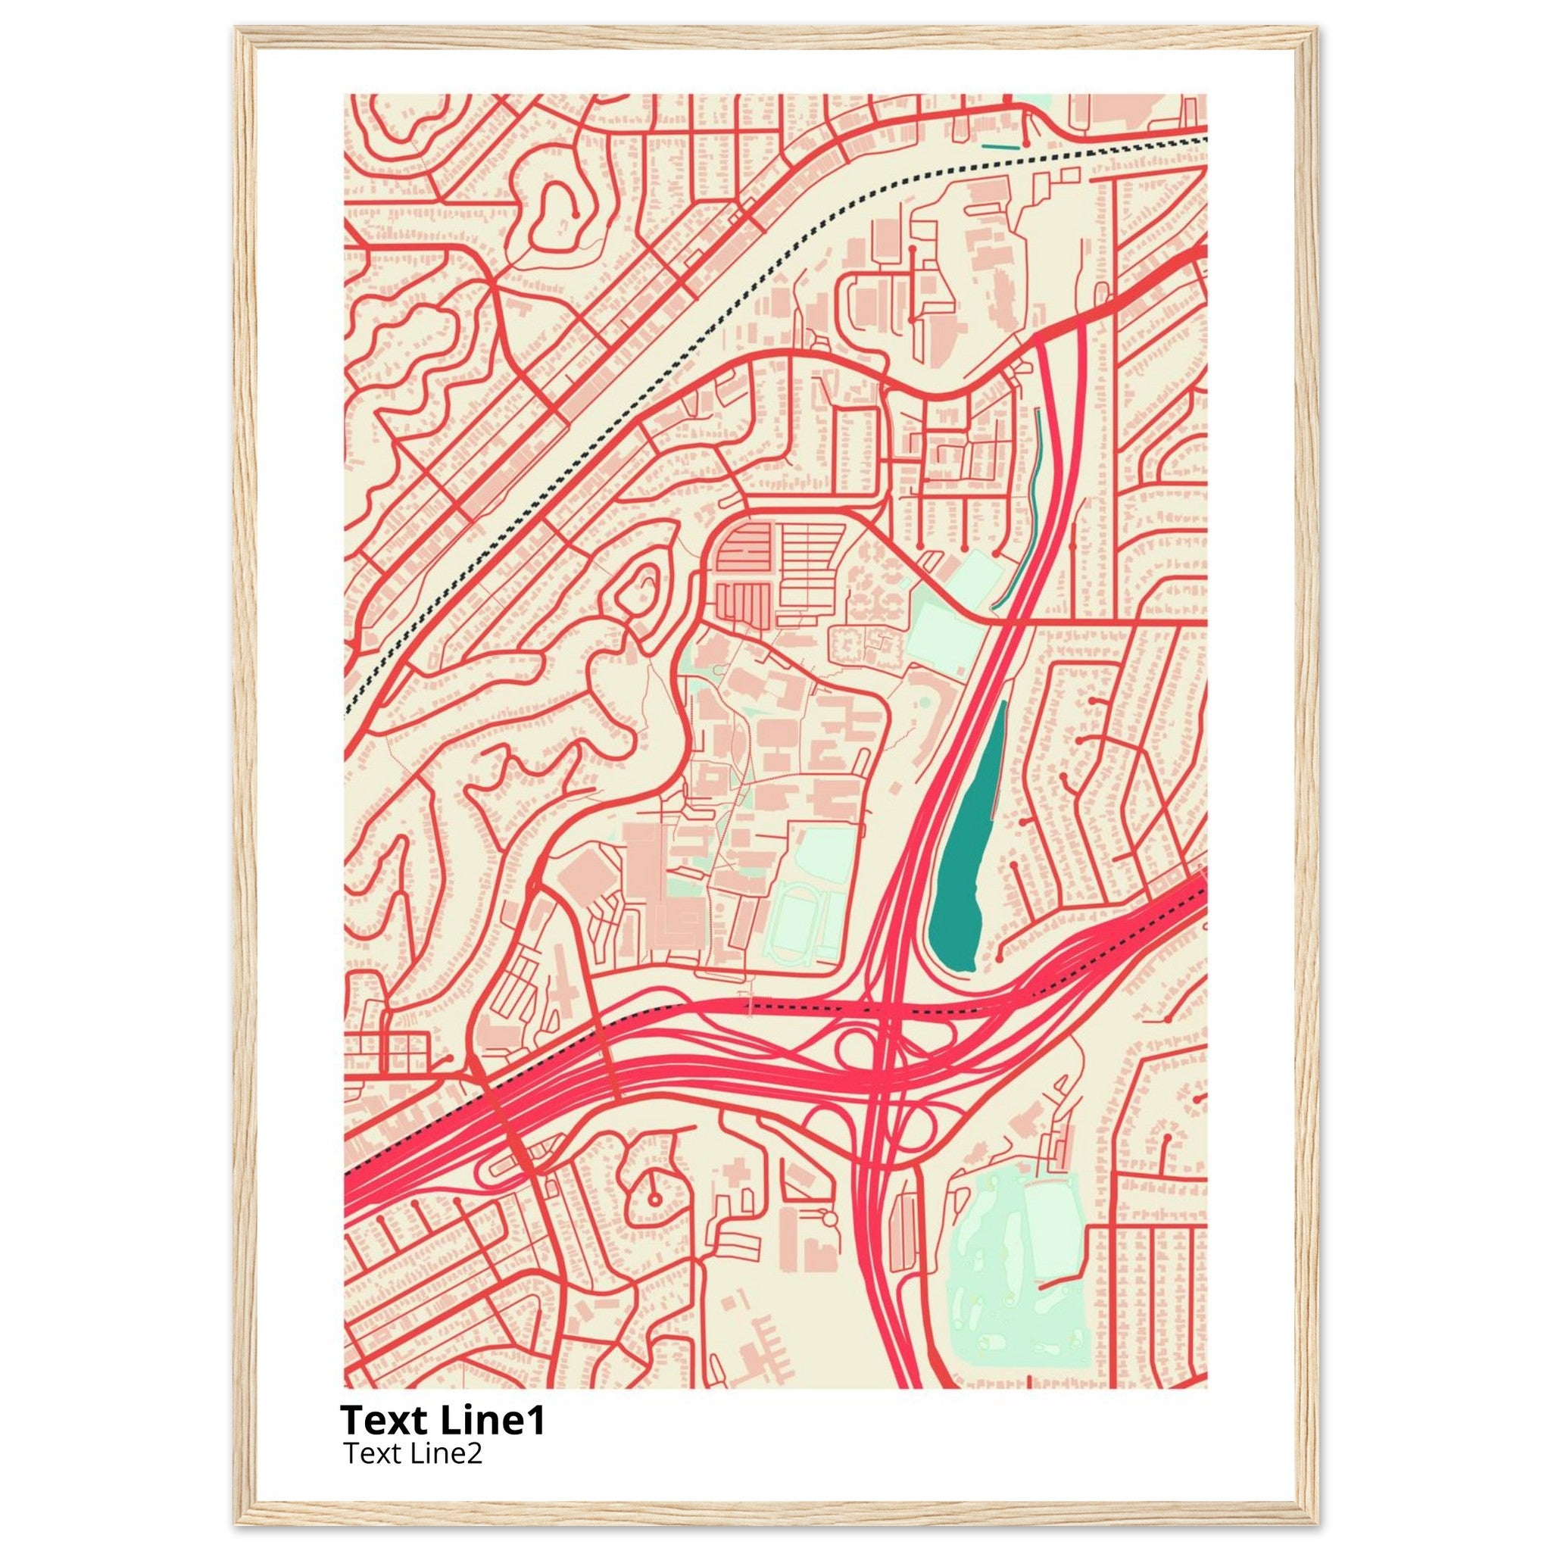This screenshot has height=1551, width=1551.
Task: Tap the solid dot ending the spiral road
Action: click(576, 213)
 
